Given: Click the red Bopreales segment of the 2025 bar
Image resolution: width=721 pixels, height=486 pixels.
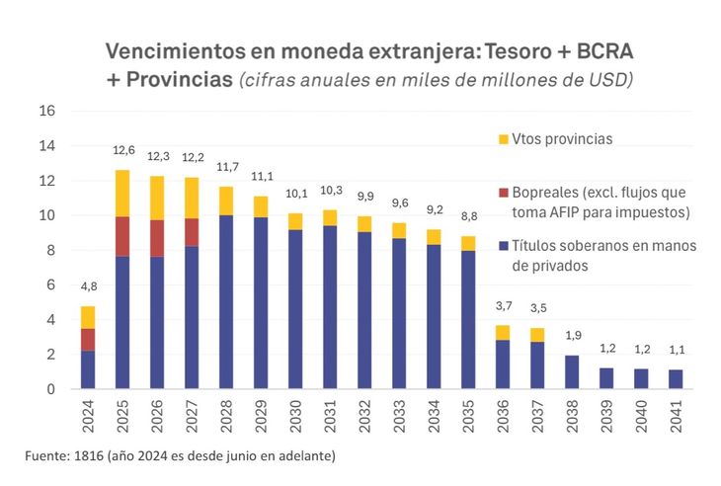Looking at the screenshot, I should point(122,237).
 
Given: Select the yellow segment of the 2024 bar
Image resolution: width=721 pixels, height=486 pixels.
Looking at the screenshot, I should point(88,317).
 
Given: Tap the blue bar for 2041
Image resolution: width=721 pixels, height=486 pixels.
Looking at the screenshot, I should point(676,379).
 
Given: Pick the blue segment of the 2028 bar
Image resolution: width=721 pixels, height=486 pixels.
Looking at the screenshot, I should point(226,301).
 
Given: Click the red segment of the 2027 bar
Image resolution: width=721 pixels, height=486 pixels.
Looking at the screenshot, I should point(192,232).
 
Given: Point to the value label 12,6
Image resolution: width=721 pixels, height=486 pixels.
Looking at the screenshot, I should point(123,151).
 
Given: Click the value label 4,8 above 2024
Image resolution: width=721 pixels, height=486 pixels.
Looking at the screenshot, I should point(88,287).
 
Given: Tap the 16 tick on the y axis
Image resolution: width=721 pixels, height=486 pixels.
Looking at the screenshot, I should point(47,111).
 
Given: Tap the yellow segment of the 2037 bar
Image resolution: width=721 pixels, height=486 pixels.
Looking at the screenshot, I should point(537,335).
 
